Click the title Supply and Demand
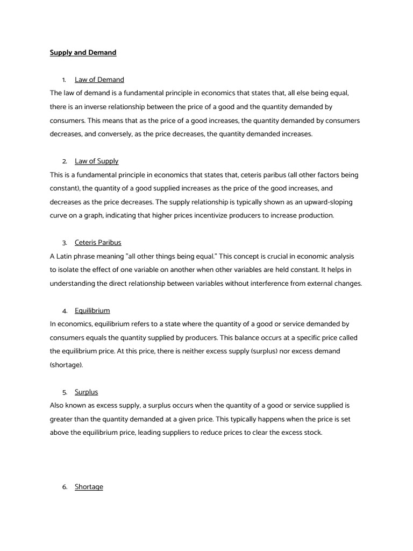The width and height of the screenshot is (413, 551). pyautogui.click(x=83, y=53)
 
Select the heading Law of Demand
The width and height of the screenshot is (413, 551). pyautogui.click(x=99, y=80)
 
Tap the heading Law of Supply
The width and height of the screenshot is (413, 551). pyautogui.click(x=97, y=161)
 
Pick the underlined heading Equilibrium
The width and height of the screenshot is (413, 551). pyautogui.click(x=92, y=310)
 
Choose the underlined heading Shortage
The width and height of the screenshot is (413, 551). pyautogui.click(x=89, y=486)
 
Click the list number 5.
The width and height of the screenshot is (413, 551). pyautogui.click(x=65, y=392)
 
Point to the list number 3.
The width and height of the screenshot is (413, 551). pyautogui.click(x=65, y=243)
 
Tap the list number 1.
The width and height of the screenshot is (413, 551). pyautogui.click(x=65, y=80)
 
